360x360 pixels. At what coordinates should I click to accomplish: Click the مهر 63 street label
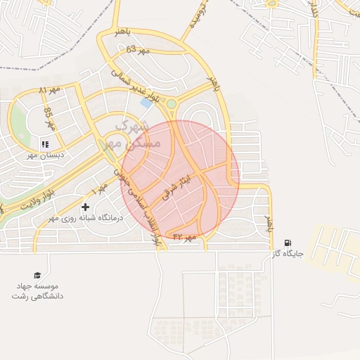coord(139,50)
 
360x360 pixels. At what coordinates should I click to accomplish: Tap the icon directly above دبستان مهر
coord(43,143)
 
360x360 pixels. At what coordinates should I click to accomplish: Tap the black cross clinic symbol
coord(86,207)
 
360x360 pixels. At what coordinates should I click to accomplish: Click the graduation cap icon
coord(37,275)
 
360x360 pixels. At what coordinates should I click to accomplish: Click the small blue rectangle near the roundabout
coord(146,103)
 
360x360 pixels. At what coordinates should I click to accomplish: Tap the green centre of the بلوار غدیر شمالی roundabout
coord(171,104)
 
